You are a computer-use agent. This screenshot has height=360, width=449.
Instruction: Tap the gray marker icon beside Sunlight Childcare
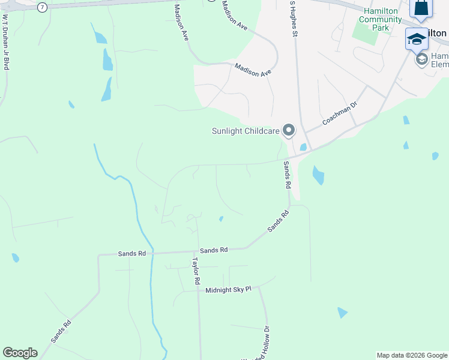tap(289, 130)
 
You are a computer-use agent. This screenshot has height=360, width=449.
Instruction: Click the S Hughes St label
tap(294, 18)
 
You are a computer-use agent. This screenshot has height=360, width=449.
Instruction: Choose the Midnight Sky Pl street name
tap(228, 290)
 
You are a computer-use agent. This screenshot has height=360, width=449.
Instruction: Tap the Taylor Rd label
tap(195, 271)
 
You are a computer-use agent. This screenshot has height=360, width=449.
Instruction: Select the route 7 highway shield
tap(41, 7)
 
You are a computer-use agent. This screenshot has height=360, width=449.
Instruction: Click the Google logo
tap(20, 353)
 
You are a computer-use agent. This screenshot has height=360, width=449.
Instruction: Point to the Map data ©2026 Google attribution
tap(411, 355)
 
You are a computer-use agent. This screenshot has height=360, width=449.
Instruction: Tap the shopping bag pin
tap(421, 8)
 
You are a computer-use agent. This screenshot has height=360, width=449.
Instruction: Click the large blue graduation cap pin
tap(417, 40)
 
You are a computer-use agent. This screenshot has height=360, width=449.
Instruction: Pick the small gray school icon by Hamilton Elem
tap(422, 59)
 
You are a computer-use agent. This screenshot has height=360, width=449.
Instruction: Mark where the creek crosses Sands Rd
tap(152, 252)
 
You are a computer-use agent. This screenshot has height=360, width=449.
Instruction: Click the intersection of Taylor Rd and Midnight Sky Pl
tap(199, 291)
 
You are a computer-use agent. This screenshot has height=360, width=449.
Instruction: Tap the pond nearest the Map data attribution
tap(342, 313)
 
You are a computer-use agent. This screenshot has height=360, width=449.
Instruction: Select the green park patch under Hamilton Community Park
tap(366, 34)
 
